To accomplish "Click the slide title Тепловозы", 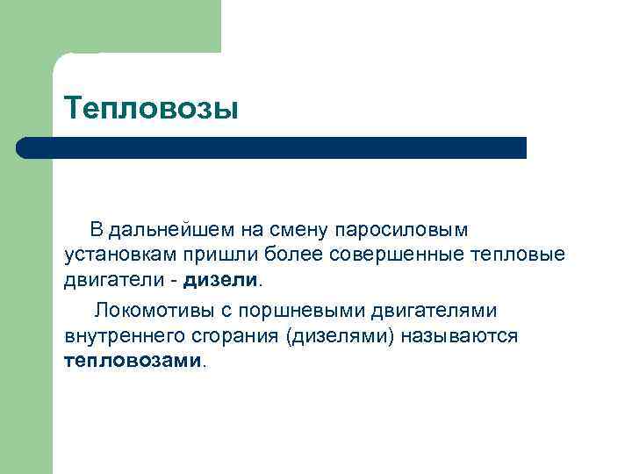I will click(151, 109).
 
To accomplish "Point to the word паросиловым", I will click(399, 230).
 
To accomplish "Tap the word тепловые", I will click(522, 255).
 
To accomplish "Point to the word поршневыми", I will click(310, 310).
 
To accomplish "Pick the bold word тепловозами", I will click(133, 361).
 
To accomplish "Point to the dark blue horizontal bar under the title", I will click(272, 147).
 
